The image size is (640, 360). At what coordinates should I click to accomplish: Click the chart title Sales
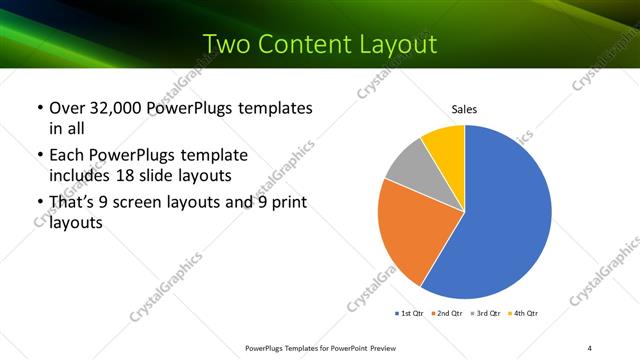click(464, 108)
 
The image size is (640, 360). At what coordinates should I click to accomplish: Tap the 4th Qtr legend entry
click(527, 314)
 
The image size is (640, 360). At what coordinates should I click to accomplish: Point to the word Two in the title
click(226, 44)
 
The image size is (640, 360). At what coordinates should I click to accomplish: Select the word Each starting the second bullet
click(68, 155)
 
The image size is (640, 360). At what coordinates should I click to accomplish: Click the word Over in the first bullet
click(68, 108)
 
